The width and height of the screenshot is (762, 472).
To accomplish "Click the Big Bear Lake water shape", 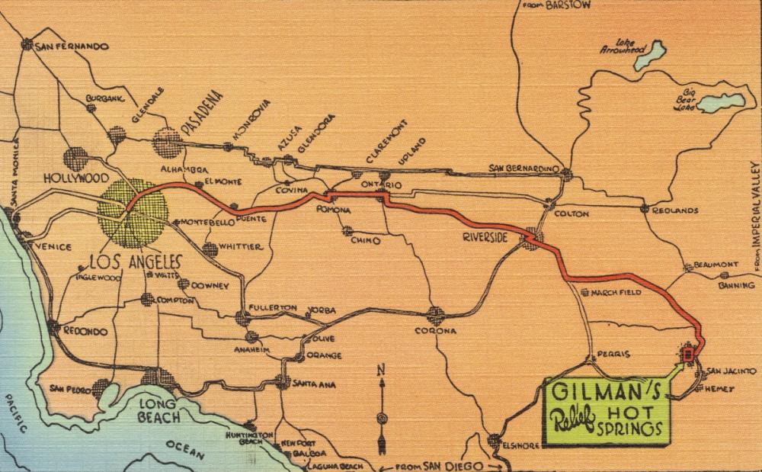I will (x=719, y=102).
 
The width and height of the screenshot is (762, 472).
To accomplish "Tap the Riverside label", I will (x=485, y=238).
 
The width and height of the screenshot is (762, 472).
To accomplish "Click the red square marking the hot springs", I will (x=688, y=354).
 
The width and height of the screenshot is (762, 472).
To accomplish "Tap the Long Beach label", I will (x=158, y=409).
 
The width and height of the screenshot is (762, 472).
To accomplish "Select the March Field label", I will (x=618, y=293).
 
